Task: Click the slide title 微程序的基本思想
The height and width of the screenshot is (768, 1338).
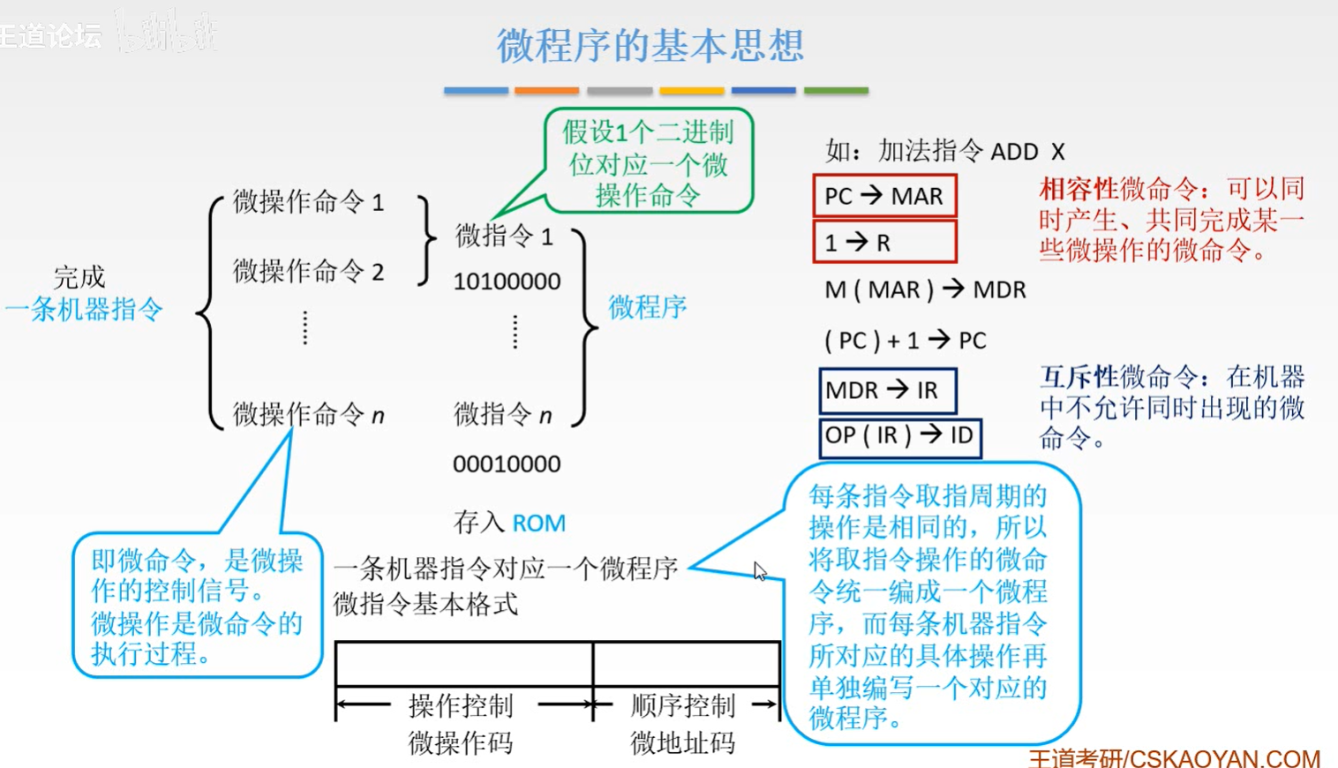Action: coord(650,45)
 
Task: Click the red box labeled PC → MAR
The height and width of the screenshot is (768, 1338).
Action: coord(884,196)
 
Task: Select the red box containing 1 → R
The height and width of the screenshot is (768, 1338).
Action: coord(884,242)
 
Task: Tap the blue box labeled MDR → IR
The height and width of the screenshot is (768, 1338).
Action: coord(887,390)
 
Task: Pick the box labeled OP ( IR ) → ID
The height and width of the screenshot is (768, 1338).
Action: coord(899,436)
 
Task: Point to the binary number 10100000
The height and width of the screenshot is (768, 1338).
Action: coord(507,282)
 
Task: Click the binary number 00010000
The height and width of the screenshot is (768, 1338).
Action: coord(507,463)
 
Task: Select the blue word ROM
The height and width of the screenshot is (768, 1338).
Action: coord(538,523)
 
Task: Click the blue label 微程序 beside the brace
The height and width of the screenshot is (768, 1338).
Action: coord(647,307)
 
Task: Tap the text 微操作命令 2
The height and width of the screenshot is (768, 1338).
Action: coord(308,271)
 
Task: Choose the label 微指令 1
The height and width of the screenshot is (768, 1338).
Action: coord(504,236)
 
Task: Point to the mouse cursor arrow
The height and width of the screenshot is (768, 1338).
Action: coord(759,570)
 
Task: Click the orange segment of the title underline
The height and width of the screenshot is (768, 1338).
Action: coord(546,90)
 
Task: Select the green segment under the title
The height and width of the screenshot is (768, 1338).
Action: coord(836,90)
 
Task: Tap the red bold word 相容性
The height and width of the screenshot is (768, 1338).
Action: coord(1079,188)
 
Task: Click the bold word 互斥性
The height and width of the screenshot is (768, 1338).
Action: coord(1079,377)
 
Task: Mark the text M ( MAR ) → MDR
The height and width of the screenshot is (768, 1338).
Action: coord(924,290)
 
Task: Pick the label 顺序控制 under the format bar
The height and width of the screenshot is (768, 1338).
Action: coord(682,705)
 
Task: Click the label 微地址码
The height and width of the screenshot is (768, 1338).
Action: coord(682,742)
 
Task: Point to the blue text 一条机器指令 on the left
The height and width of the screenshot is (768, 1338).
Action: coord(84,309)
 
